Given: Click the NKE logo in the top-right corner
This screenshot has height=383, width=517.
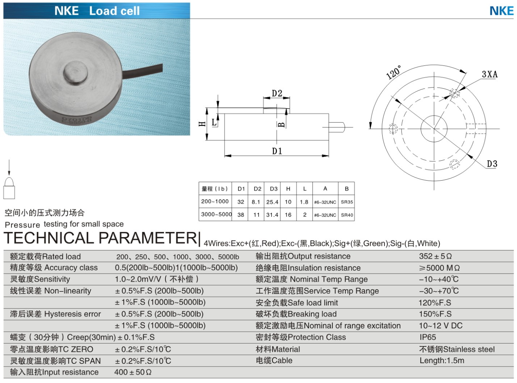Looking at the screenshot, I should [501, 11].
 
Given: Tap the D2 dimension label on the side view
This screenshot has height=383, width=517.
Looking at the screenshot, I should [277, 93].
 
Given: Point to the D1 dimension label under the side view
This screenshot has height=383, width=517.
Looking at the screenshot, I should [277, 151].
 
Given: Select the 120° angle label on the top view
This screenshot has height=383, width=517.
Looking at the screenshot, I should [394, 72].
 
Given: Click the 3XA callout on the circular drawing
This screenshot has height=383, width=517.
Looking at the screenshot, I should [490, 74].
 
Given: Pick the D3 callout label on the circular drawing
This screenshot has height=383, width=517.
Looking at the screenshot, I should [492, 164].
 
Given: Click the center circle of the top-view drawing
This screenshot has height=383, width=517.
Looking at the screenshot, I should [434, 129].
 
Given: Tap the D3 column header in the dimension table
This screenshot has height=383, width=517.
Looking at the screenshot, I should [274, 189].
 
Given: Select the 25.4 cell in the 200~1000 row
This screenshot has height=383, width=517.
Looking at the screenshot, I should [273, 202].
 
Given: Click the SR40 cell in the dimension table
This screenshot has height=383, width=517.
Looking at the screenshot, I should [347, 215].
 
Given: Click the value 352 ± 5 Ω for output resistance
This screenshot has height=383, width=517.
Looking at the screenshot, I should [435, 256].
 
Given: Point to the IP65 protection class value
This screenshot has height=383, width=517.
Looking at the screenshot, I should [428, 337].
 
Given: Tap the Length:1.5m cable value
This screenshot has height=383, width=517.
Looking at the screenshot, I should [442, 360].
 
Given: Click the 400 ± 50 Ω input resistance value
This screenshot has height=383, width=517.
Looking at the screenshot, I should [133, 372].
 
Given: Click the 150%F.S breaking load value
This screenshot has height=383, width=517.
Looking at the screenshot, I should [435, 314].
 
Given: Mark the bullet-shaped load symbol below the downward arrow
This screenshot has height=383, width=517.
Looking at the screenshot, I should [9, 188].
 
